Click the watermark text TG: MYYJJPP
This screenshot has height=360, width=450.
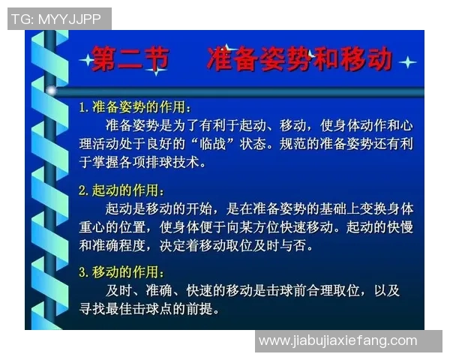56,19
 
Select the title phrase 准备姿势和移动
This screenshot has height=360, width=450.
298,59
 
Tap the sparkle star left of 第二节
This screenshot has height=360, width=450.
85,59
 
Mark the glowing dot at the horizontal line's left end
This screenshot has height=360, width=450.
52,91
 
